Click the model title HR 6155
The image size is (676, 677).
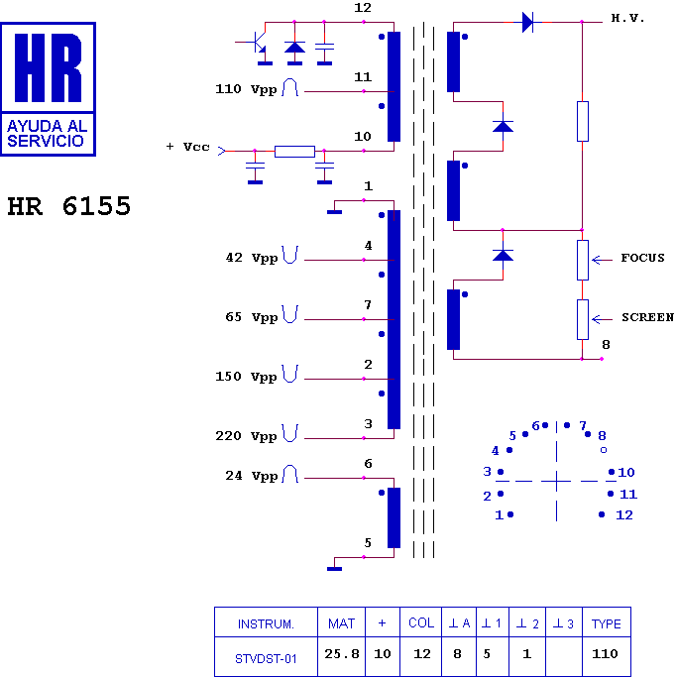click(68, 207)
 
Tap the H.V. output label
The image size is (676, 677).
click(627, 19)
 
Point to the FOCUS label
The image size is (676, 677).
click(642, 258)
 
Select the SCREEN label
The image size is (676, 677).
click(647, 317)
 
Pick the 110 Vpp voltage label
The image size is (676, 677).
click(246, 89)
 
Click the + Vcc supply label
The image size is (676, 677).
click(187, 147)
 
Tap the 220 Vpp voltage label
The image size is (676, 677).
click(246, 436)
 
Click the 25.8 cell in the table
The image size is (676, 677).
click(341, 654)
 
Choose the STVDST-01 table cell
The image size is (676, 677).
click(266, 655)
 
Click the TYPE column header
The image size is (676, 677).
click(606, 623)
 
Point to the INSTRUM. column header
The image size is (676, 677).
click(266, 623)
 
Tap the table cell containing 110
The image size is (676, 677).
click(606, 654)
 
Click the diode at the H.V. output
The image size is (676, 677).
click(527, 22)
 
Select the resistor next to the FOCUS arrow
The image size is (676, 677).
click(583, 259)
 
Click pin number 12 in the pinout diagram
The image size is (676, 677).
click(624, 515)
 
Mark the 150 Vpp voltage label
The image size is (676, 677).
click(246, 377)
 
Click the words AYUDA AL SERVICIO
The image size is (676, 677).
click(48, 134)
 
